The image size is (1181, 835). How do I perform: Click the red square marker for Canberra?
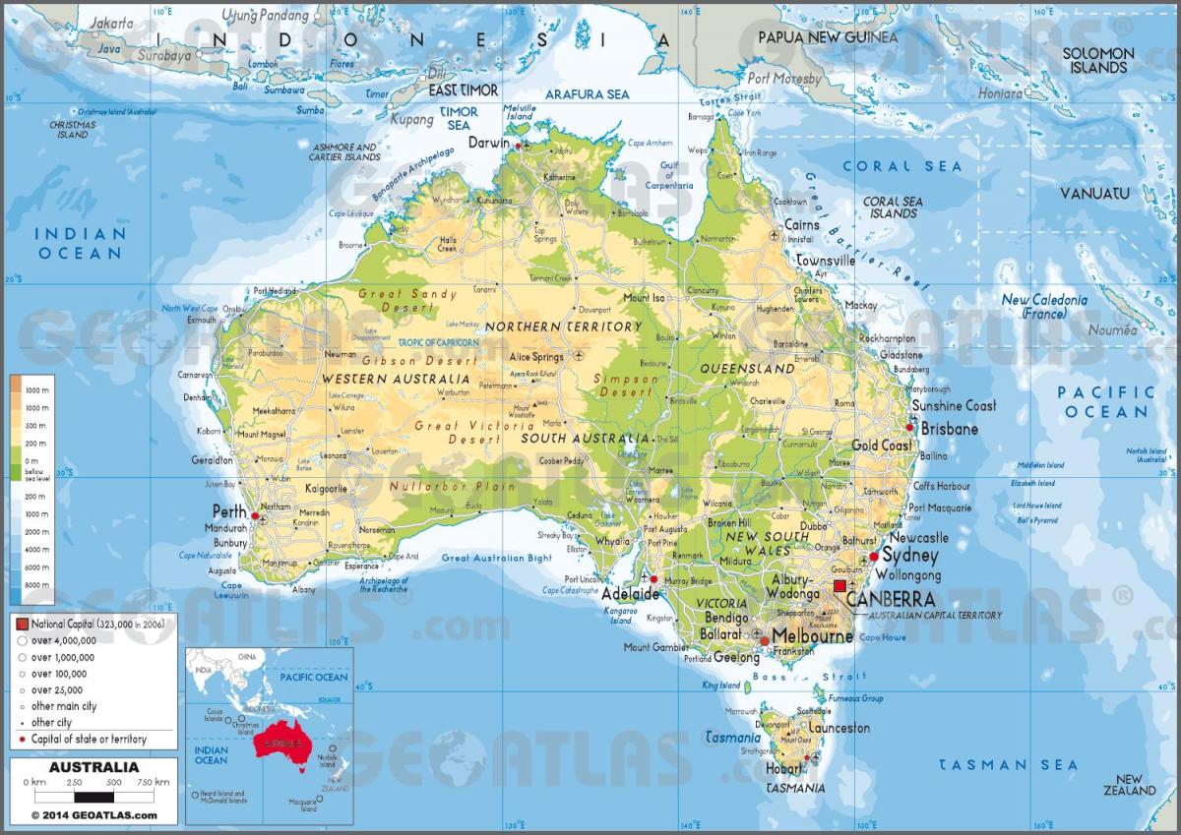[839, 586]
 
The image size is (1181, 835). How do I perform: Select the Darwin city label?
[488, 142]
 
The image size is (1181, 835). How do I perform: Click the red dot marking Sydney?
[873, 557]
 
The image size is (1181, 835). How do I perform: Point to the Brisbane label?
[950, 429]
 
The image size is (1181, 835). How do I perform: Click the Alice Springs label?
[536, 356]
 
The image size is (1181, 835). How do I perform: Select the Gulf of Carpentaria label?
[669, 174]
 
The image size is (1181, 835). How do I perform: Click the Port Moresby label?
[784, 78]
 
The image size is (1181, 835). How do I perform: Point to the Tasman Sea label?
[1007, 764]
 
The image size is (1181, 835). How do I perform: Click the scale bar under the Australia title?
[94, 796]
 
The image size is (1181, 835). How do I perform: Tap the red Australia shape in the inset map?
[280, 741]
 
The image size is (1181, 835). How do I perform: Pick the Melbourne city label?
[812, 636]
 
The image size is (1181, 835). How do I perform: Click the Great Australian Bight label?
[496, 558]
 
